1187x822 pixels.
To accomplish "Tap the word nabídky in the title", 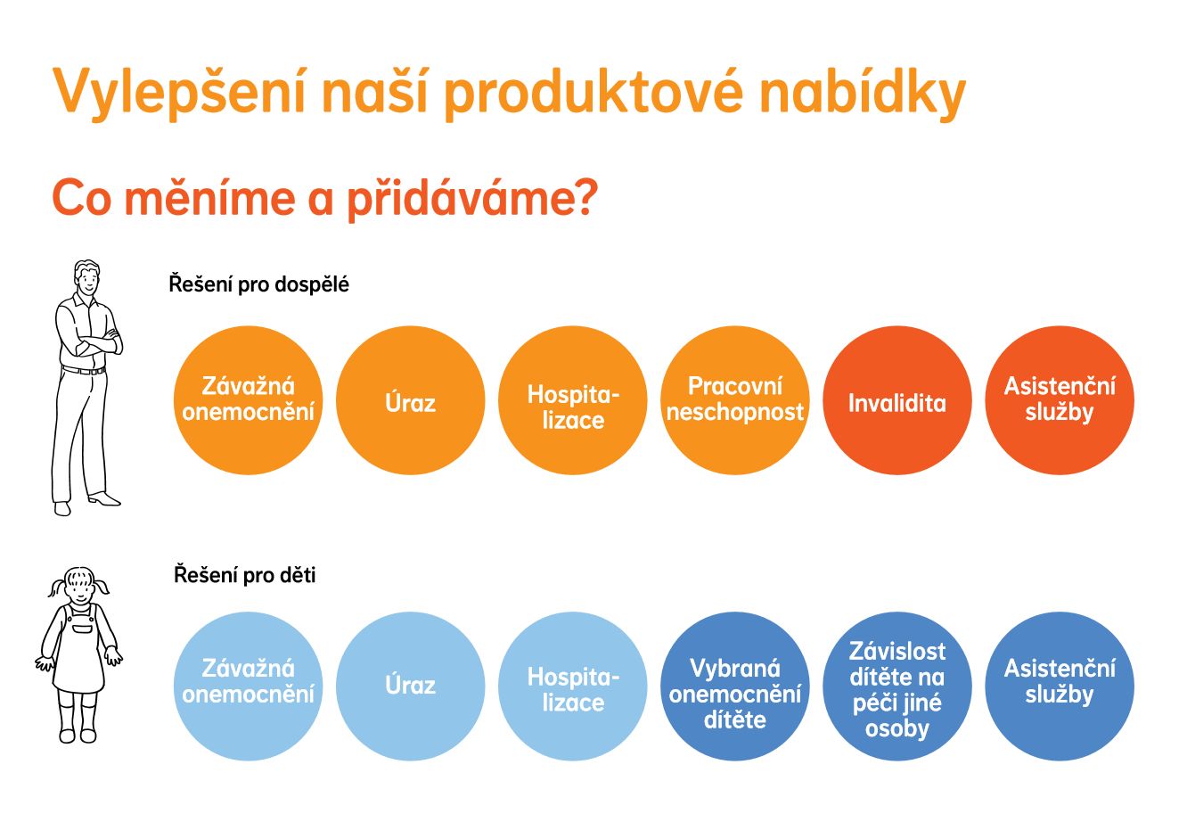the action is pyautogui.click(x=862, y=91).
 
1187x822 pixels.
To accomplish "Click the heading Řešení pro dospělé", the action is pyautogui.click(x=258, y=284).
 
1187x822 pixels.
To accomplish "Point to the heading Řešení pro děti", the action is pyautogui.click(x=245, y=575).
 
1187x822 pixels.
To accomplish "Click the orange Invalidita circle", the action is pyautogui.click(x=897, y=400).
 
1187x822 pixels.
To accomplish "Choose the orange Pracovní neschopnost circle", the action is pyautogui.click(x=735, y=400).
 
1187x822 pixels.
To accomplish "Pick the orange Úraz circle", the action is pyautogui.click(x=411, y=400).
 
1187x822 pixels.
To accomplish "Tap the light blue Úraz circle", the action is pyautogui.click(x=411, y=686).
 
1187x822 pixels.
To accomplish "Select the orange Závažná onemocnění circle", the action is pyautogui.click(x=248, y=400).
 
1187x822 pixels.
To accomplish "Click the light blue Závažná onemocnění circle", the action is pyautogui.click(x=248, y=686).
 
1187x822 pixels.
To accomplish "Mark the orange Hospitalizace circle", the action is pyautogui.click(x=573, y=400).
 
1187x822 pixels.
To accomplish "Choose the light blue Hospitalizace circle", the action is pyautogui.click(x=573, y=686).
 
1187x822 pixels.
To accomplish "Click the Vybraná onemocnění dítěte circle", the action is pyautogui.click(x=735, y=686).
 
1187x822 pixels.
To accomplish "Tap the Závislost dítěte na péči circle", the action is pyautogui.click(x=897, y=686).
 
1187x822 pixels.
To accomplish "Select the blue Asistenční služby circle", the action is pyautogui.click(x=1060, y=686).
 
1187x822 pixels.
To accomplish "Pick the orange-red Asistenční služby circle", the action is pyautogui.click(x=1060, y=400).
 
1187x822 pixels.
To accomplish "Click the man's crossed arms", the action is pyautogui.click(x=98, y=341).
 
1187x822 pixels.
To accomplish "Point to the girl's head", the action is pyautogui.click(x=79, y=586).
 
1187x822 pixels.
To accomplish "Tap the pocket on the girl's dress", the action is pyautogui.click(x=83, y=629).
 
